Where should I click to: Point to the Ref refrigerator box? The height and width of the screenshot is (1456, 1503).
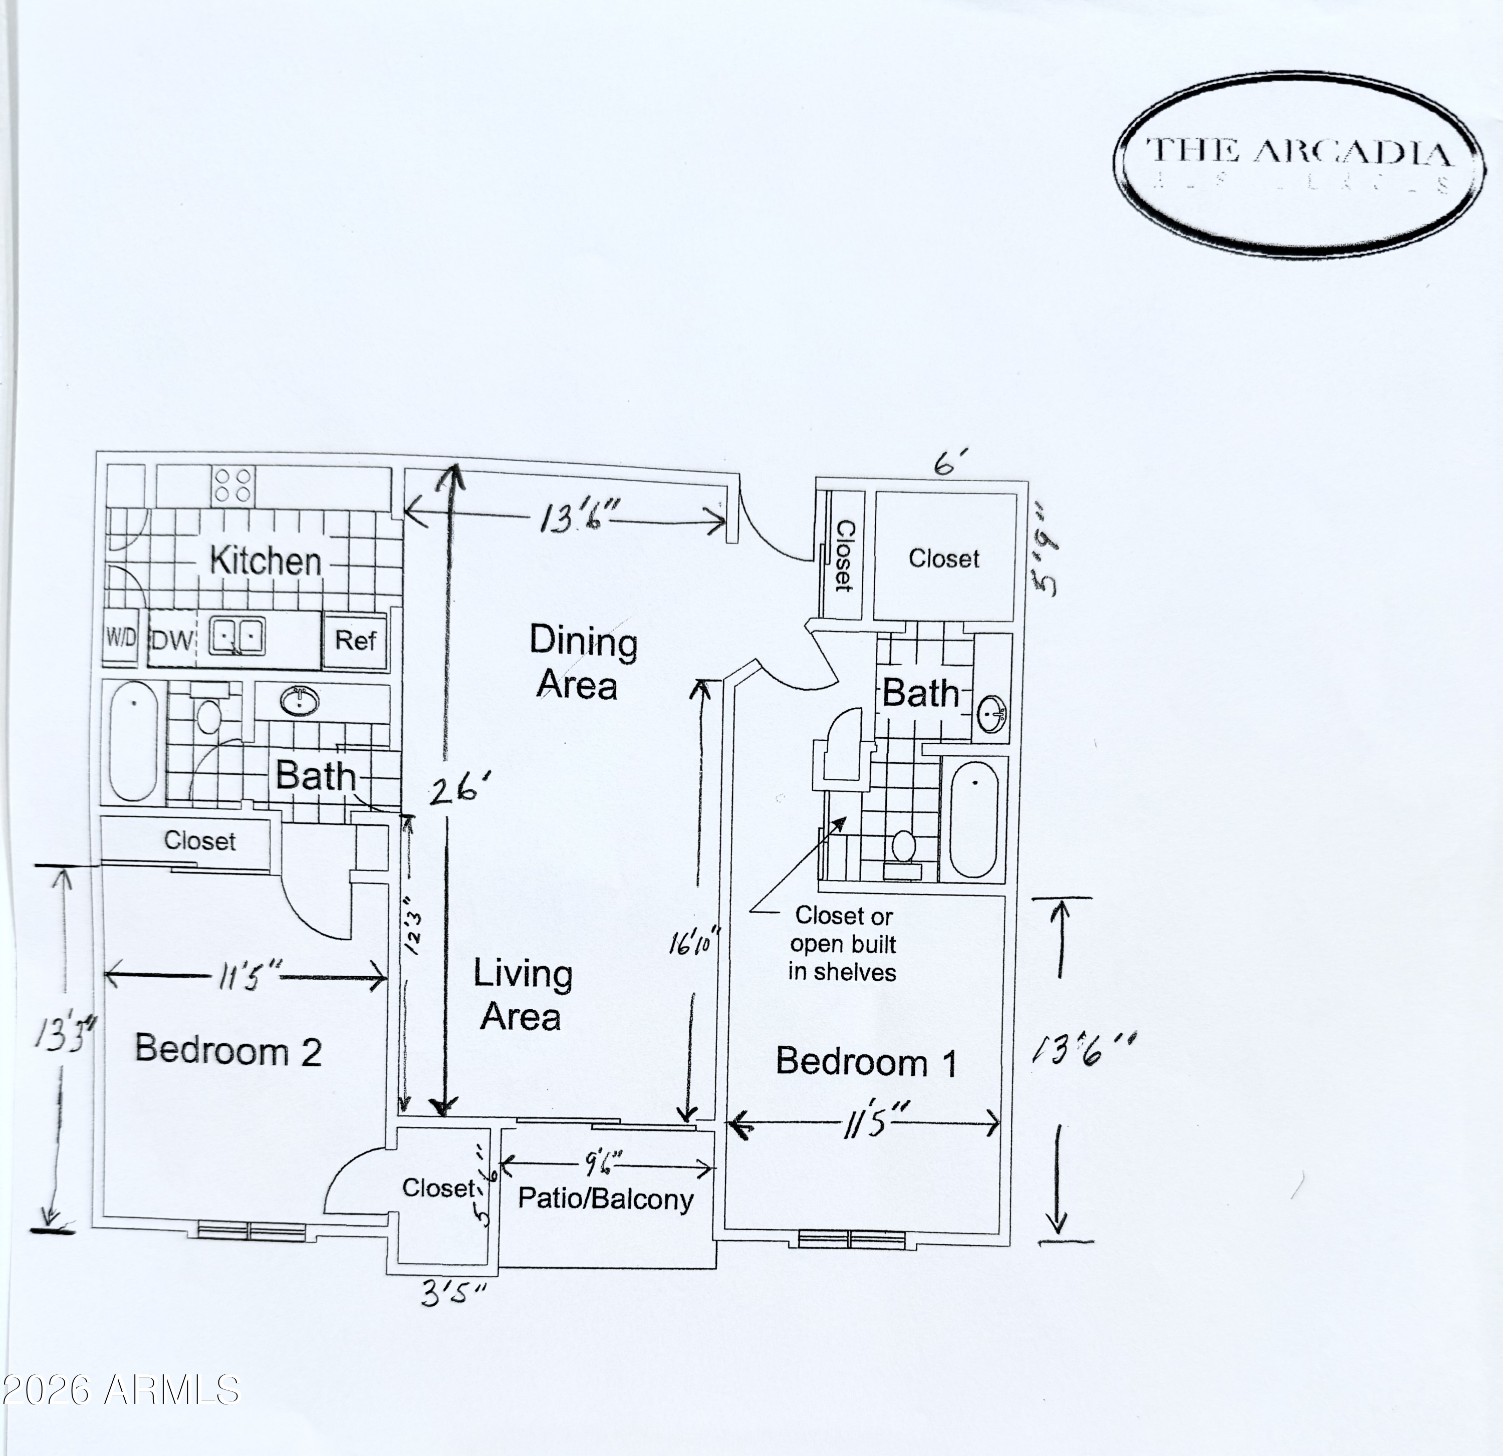pos(355,640)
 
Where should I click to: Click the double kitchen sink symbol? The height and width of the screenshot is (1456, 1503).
pos(237,637)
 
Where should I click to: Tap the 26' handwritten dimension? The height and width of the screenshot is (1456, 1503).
pos(458,790)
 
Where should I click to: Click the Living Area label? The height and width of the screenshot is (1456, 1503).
pos(522,994)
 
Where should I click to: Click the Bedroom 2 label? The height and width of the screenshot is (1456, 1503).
pos(228,1050)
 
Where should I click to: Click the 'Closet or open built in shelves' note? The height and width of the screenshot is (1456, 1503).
pos(842,944)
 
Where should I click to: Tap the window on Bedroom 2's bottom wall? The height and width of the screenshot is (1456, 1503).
pos(252,1231)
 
